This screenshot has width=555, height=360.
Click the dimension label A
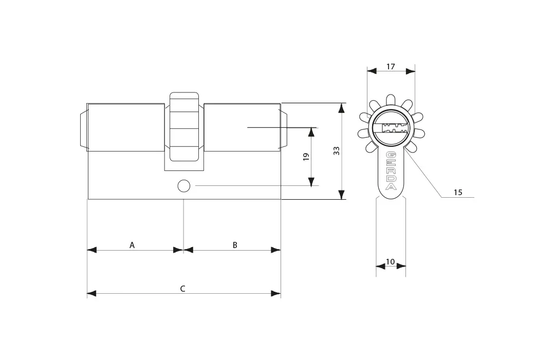click(x=132, y=245)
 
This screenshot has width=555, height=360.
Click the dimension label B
click(x=235, y=245)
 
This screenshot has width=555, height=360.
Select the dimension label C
click(x=182, y=289)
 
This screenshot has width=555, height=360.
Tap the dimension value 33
click(x=337, y=150)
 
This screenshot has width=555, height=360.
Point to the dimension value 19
click(x=306, y=156)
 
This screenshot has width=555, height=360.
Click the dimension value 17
click(x=391, y=66)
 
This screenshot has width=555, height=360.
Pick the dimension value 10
click(x=390, y=262)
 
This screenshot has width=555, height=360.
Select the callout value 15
click(x=458, y=193)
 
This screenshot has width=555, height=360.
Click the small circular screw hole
click(x=183, y=186)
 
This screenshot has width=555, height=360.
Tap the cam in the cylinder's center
click(x=184, y=127)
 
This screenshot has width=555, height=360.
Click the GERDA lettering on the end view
click(x=391, y=171)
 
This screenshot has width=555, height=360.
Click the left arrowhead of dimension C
click(x=91, y=294)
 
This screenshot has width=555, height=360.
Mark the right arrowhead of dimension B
click(x=276, y=250)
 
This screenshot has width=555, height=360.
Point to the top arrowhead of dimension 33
click(x=341, y=108)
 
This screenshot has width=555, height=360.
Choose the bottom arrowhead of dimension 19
click(x=311, y=182)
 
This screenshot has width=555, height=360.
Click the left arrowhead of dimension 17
click(x=372, y=71)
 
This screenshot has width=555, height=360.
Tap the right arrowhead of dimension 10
click(x=401, y=266)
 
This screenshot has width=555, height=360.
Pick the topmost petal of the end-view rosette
click(x=391, y=99)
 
